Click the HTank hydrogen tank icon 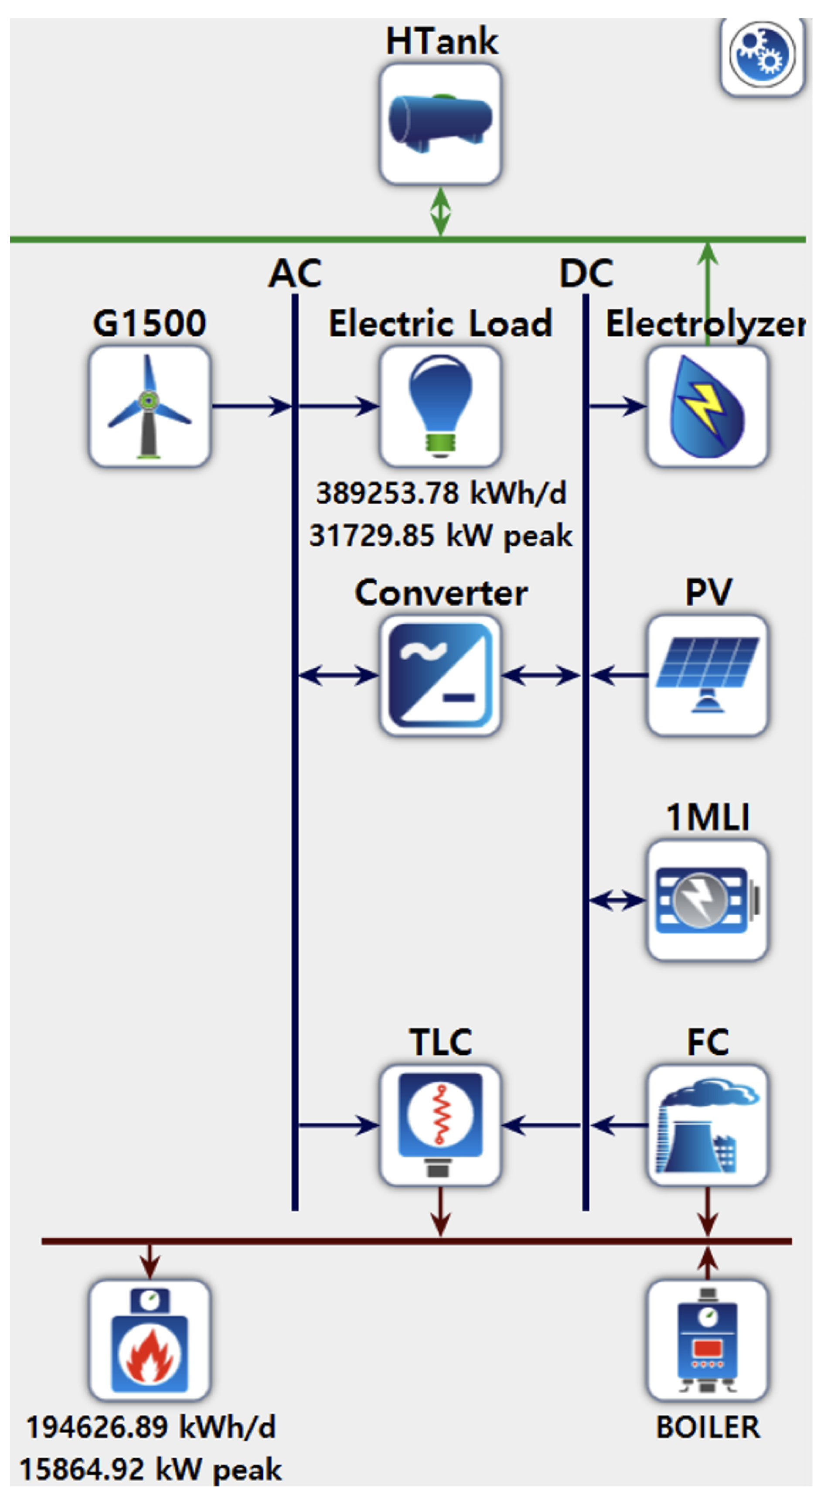(440, 123)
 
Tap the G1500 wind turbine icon (150, 406)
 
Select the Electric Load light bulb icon (440, 406)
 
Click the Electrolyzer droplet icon (707, 406)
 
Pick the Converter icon (440, 676)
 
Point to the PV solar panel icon (707, 676)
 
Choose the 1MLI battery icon (707, 900)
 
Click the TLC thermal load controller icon (440, 1125)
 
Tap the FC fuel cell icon (707, 1125)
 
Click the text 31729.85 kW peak (440, 535)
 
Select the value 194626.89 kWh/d (151, 1427)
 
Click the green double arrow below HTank (440, 212)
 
